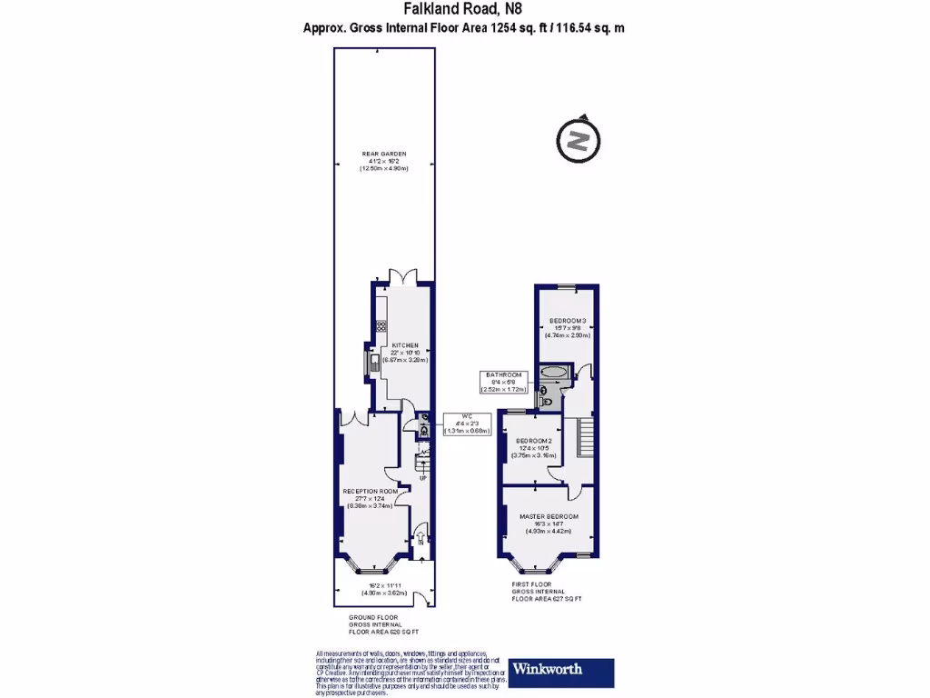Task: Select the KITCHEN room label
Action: (404, 345)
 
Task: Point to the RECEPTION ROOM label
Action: (370, 491)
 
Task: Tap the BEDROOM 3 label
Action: (568, 320)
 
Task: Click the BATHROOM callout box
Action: (503, 382)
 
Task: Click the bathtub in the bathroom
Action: (553, 373)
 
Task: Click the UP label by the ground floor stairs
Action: (422, 477)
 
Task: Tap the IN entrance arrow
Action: (421, 543)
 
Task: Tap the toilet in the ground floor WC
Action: (424, 432)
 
